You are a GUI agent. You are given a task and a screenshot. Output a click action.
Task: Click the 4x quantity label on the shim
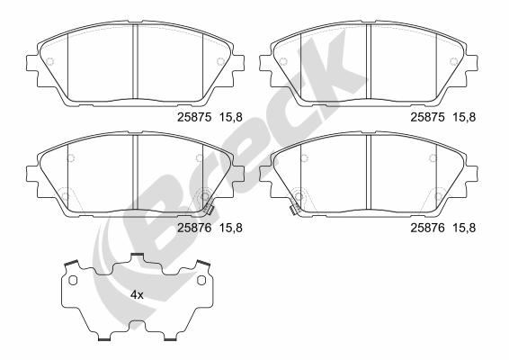(137, 295)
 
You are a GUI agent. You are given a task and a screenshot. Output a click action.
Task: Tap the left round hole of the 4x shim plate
(73, 280)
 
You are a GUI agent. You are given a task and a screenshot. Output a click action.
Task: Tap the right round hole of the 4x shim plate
(201, 280)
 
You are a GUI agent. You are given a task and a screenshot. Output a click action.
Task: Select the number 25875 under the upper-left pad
(194, 117)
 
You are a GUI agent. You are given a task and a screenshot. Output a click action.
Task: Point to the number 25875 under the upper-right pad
(427, 117)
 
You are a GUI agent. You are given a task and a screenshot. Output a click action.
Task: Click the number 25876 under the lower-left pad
(194, 228)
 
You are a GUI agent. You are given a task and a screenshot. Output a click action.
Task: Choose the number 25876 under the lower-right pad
(427, 228)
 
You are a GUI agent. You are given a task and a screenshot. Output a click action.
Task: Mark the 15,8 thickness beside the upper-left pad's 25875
(231, 117)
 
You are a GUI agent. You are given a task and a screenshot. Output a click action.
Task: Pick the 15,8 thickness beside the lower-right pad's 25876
(465, 228)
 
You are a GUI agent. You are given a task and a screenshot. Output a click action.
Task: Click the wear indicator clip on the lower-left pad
(210, 211)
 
